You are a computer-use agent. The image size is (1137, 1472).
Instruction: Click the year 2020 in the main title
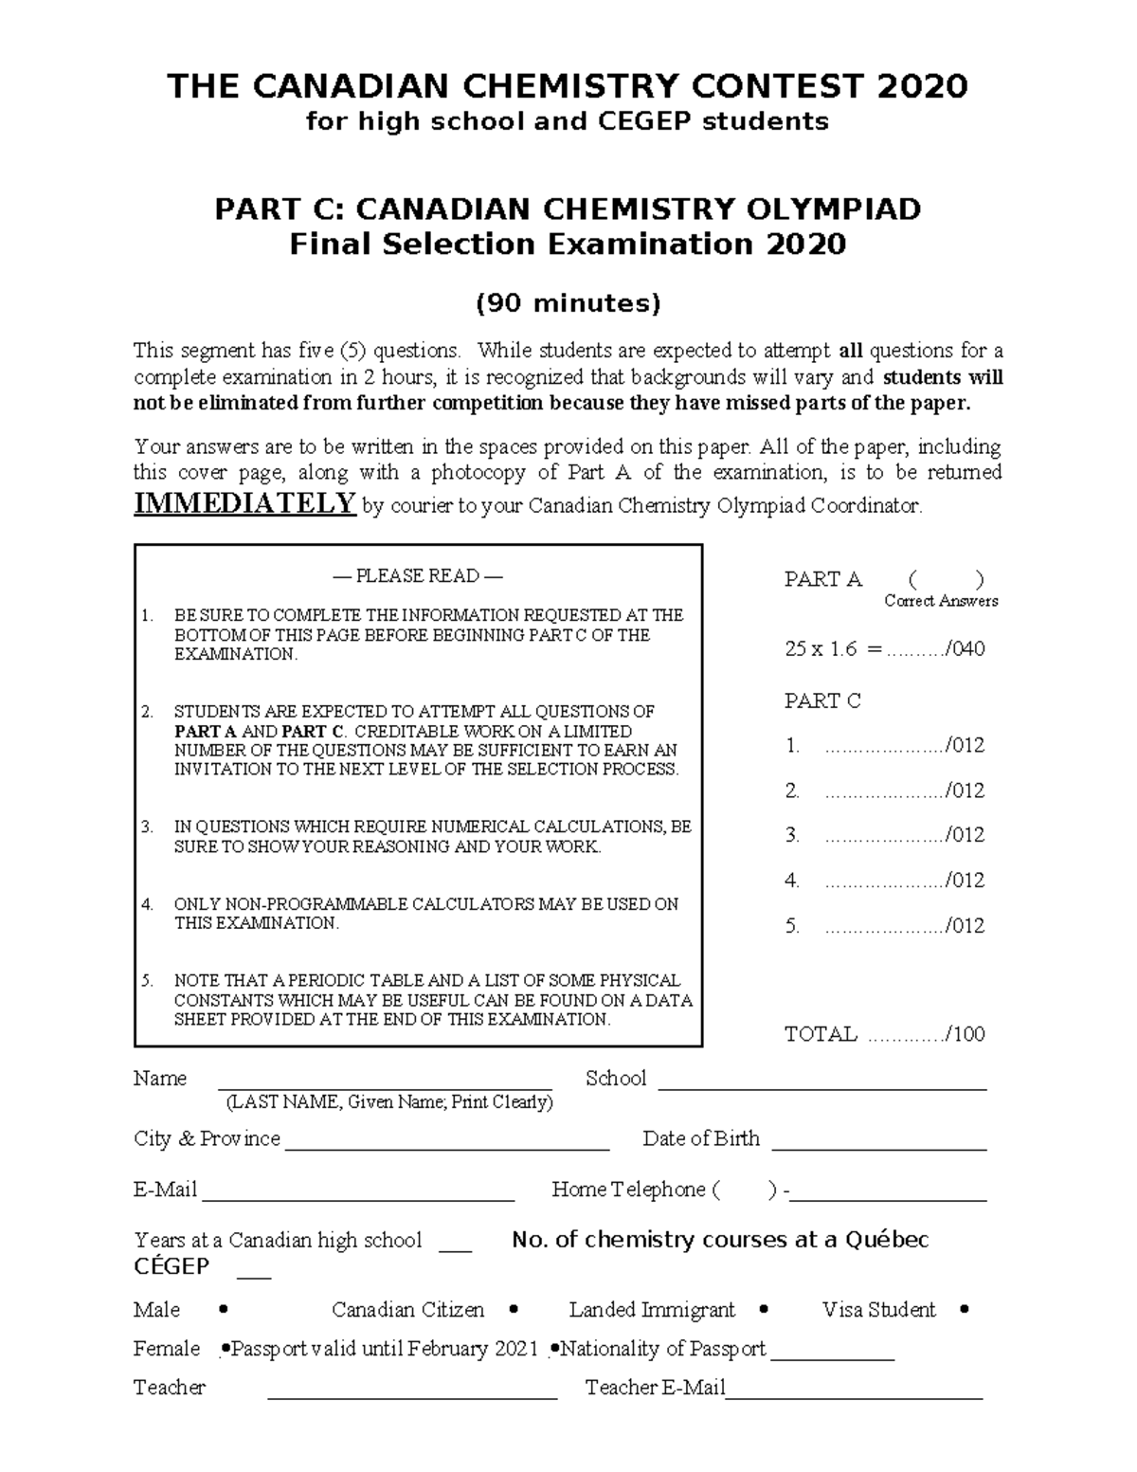(922, 86)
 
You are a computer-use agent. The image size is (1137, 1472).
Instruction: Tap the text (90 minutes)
(568, 303)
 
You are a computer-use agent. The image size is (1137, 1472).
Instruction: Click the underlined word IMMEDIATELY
(244, 503)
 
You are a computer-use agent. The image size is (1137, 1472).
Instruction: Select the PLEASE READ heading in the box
(417, 576)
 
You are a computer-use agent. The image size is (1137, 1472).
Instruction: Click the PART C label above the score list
(822, 700)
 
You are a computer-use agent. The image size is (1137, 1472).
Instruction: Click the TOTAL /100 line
(884, 1034)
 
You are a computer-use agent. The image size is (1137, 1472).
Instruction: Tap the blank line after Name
(386, 1088)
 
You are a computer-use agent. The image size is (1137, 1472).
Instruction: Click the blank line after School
(821, 1088)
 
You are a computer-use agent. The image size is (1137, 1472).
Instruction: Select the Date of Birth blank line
(879, 1148)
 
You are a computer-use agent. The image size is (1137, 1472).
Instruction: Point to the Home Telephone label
(628, 1190)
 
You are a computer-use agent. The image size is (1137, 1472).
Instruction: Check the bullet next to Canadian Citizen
(514, 1310)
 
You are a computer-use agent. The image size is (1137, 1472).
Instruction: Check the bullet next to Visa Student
(965, 1310)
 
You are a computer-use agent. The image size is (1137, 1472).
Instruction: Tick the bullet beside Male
(223, 1310)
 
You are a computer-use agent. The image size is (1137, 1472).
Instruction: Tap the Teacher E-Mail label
(655, 1388)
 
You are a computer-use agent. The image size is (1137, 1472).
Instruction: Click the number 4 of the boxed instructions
(147, 904)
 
